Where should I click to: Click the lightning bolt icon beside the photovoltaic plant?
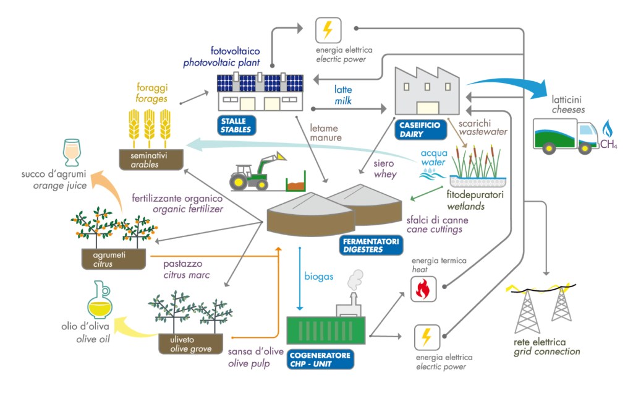tap(328, 29)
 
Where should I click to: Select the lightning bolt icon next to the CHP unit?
tap(426, 337)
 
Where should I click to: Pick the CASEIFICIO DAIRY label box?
tap(420, 129)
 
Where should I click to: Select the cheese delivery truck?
tap(563, 136)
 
